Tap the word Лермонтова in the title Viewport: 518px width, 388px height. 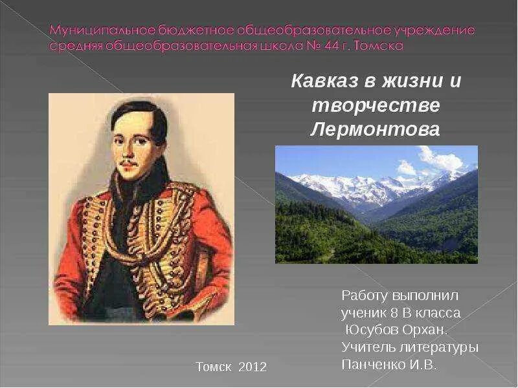click(375, 129)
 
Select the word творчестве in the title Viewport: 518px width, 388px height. click(376, 105)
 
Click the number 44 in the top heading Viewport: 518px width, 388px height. click(344, 47)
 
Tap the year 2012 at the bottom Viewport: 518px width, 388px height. click(253, 367)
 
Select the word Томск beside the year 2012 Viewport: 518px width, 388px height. click(214, 367)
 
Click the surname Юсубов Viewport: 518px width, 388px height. click(370, 330)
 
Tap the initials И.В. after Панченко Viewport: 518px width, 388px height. click(421, 364)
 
